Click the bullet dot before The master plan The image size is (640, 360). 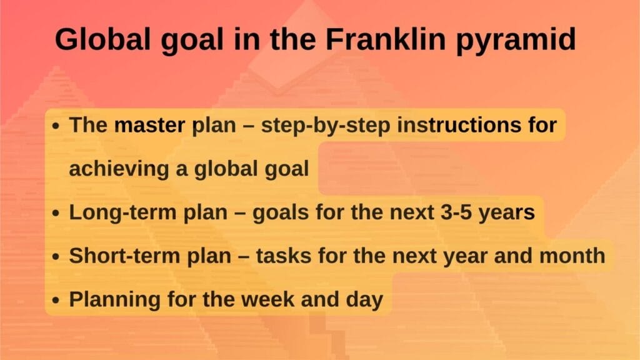[56, 126]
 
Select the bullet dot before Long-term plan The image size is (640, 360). [56, 213]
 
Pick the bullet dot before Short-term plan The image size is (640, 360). [56, 256]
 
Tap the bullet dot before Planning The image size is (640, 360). [56, 300]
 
